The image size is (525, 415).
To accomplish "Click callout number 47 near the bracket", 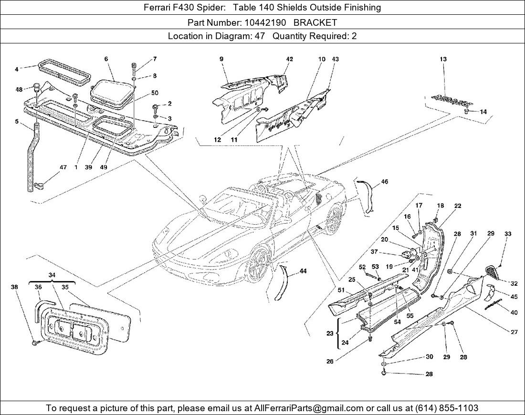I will (63, 167).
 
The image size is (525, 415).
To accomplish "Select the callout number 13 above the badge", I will (443, 59).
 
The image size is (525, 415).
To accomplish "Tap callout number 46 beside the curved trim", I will (385, 182).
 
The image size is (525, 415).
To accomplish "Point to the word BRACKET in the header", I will (315, 22).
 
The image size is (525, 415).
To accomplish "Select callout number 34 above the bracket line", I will (52, 275).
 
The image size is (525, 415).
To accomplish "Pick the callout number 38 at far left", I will (14, 287).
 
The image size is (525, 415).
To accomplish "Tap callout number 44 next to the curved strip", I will (303, 271).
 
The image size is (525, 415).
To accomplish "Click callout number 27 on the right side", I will (514, 332).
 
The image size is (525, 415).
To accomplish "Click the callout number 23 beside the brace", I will (330, 334).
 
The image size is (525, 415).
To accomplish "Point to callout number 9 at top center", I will (221, 59).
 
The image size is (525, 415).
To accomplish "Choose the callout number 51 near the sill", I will (341, 290).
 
